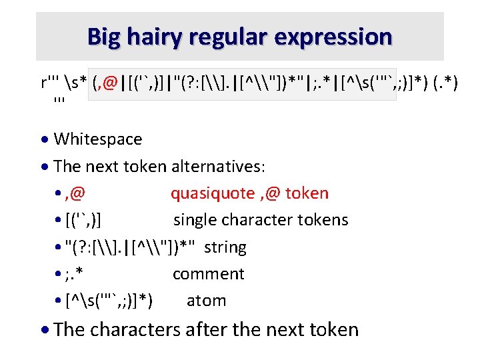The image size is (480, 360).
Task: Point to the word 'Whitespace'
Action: tap(97, 139)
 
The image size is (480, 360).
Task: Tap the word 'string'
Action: tap(225, 247)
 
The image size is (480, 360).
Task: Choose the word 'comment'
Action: tap(208, 274)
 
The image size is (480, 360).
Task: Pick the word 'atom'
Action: tap(206, 301)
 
